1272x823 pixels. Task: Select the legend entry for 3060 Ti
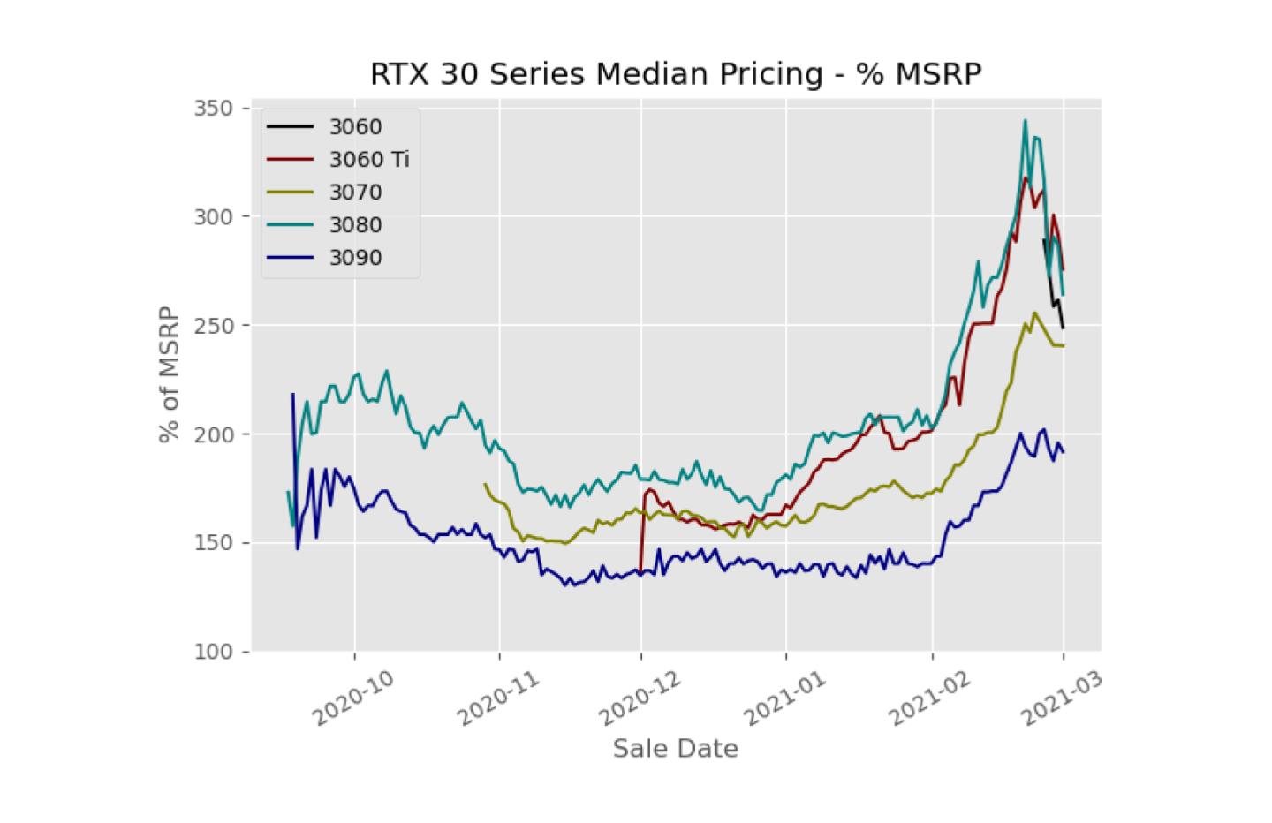click(x=338, y=160)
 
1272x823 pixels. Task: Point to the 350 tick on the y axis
click(x=214, y=108)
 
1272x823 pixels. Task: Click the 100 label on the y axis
click(x=214, y=652)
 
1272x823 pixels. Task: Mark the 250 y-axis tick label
click(x=214, y=325)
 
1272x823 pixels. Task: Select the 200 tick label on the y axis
click(x=214, y=434)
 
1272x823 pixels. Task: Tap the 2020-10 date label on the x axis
click(x=352, y=698)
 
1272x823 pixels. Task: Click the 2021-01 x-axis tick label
click(x=784, y=698)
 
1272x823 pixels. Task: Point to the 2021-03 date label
click(x=1062, y=698)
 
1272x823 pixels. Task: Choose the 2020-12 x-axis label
click(x=640, y=698)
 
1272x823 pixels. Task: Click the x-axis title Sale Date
click(x=676, y=749)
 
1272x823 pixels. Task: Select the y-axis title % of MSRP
click(x=170, y=374)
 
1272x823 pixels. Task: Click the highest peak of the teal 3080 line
click(x=1025, y=120)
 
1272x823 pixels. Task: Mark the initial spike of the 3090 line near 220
click(x=293, y=394)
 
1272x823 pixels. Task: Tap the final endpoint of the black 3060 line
click(x=1063, y=328)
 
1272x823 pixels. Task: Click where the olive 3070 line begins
click(x=484, y=484)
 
